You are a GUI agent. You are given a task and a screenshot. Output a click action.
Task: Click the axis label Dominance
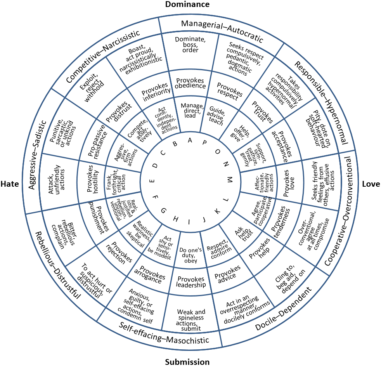(187, 5)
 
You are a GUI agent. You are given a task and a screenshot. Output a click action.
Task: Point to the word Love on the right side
(371, 184)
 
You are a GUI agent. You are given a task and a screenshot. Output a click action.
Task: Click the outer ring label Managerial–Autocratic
(222, 31)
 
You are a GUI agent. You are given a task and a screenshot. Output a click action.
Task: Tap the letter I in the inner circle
(189, 222)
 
